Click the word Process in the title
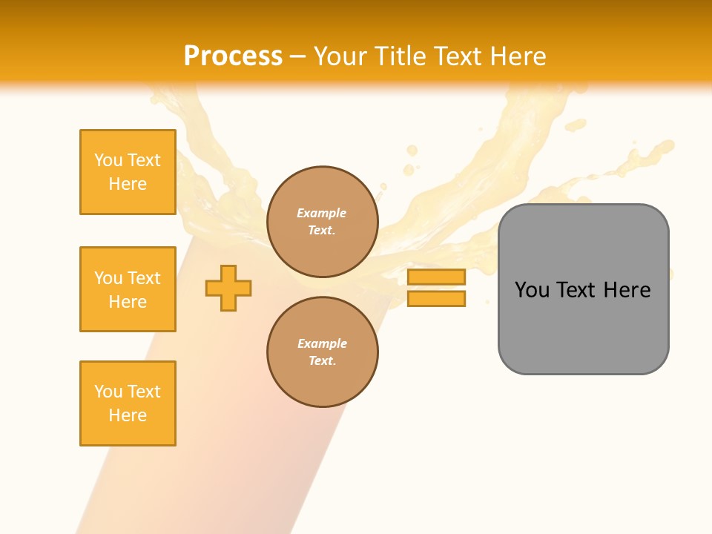[x=233, y=56]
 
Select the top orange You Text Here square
[x=128, y=172]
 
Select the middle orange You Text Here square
[x=128, y=289]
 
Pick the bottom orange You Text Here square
[x=128, y=403]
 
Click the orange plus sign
[x=228, y=288]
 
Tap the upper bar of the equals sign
[x=436, y=277]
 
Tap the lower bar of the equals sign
[x=436, y=298]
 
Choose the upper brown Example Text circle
[x=322, y=222]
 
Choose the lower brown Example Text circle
[x=322, y=352]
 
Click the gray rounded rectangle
[x=583, y=326]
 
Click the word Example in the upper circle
[x=322, y=213]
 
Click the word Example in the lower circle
[x=322, y=343]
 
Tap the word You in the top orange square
[x=108, y=160]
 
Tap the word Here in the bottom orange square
[x=128, y=415]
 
